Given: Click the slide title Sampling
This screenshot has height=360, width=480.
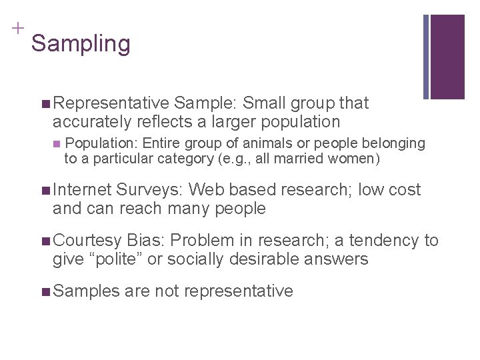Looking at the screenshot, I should [81, 44].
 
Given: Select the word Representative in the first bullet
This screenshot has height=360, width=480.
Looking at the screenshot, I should [111, 103].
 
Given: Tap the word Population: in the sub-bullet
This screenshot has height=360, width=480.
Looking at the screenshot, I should [103, 143].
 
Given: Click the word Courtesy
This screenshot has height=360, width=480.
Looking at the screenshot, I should [87, 241].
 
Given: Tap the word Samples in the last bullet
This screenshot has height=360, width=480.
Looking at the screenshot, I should [85, 291].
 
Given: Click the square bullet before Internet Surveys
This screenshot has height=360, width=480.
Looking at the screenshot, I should [45, 190].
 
